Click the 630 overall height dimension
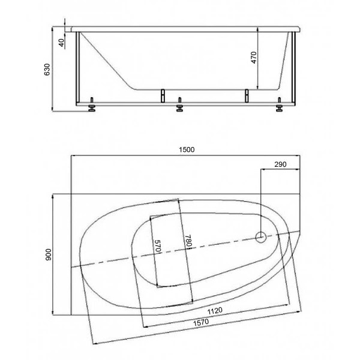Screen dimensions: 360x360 (x=47, y=70)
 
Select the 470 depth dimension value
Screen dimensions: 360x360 (x=253, y=58)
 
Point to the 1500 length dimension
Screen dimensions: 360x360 (x=187, y=150)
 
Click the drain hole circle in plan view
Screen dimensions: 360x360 (x=261, y=238)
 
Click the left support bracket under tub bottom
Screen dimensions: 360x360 (x=161, y=95)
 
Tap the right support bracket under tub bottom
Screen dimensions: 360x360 (x=245, y=95)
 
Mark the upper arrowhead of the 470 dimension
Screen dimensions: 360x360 (x=259, y=31)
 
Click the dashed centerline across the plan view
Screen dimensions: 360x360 (x=180, y=251)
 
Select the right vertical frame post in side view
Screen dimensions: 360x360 (x=293, y=69)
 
